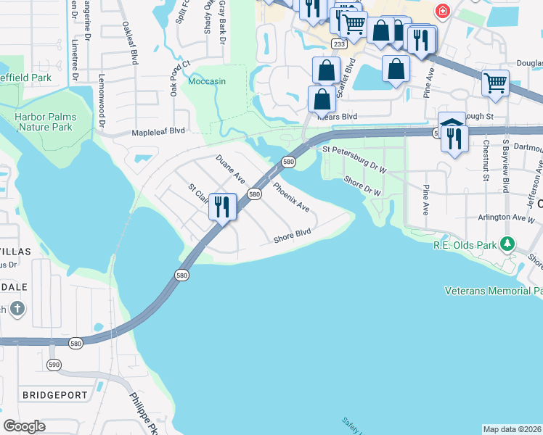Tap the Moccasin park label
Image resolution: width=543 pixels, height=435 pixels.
tap(208, 80)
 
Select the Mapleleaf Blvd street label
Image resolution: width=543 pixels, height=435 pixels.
tap(158, 132)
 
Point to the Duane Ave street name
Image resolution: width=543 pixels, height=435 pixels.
tap(230, 169)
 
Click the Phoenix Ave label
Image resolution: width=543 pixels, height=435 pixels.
tap(291, 196)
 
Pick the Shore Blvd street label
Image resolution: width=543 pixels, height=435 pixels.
tap(292, 236)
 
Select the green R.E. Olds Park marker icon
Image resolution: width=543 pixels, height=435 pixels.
tap(510, 244)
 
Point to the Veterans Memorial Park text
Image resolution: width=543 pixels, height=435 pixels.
tap(494, 291)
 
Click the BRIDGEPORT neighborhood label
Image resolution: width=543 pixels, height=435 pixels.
tap(54, 395)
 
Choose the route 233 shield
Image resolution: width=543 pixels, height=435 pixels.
tap(338, 44)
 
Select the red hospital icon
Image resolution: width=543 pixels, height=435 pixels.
tap(441, 11)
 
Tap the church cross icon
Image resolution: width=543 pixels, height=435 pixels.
tap(18, 310)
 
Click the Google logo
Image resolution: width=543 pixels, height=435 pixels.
tap(24, 426)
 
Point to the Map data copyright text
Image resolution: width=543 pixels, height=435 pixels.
tap(512, 429)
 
